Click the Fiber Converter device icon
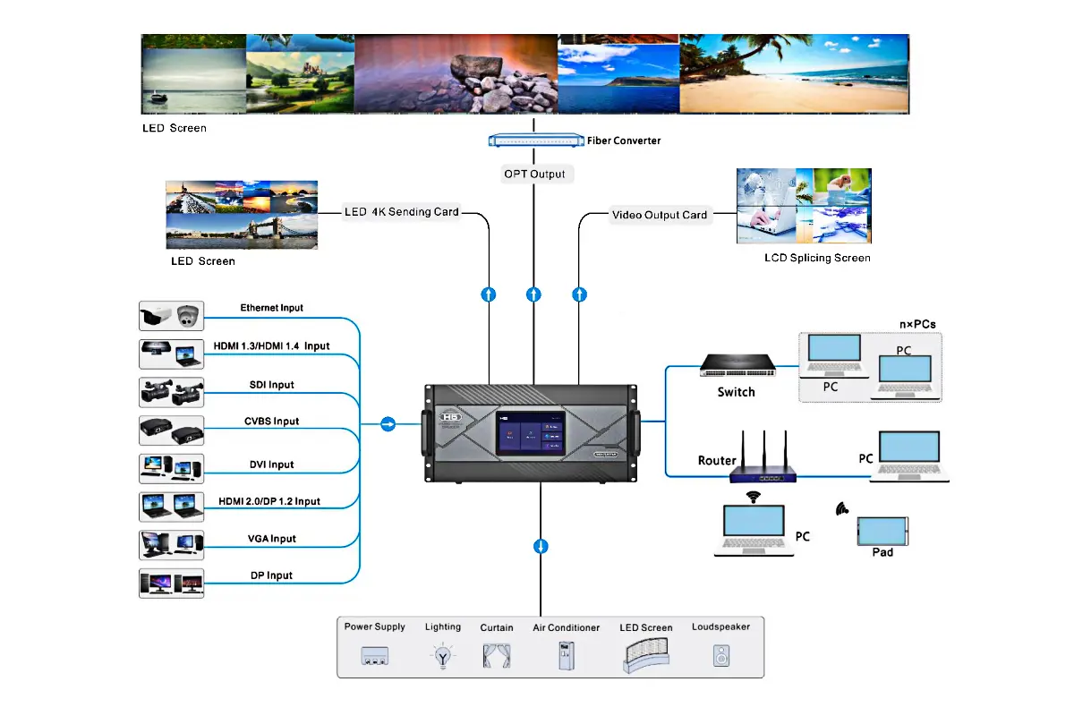(x=535, y=140)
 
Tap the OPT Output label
(x=534, y=174)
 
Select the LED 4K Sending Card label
(x=402, y=213)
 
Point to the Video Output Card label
(x=660, y=215)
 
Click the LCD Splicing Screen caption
(x=817, y=258)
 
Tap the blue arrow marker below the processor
(x=541, y=546)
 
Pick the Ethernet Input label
(x=271, y=308)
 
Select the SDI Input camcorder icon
(x=172, y=392)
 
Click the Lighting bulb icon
(x=442, y=657)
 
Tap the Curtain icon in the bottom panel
(x=497, y=657)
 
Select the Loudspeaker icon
(x=720, y=656)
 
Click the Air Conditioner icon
(x=566, y=656)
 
